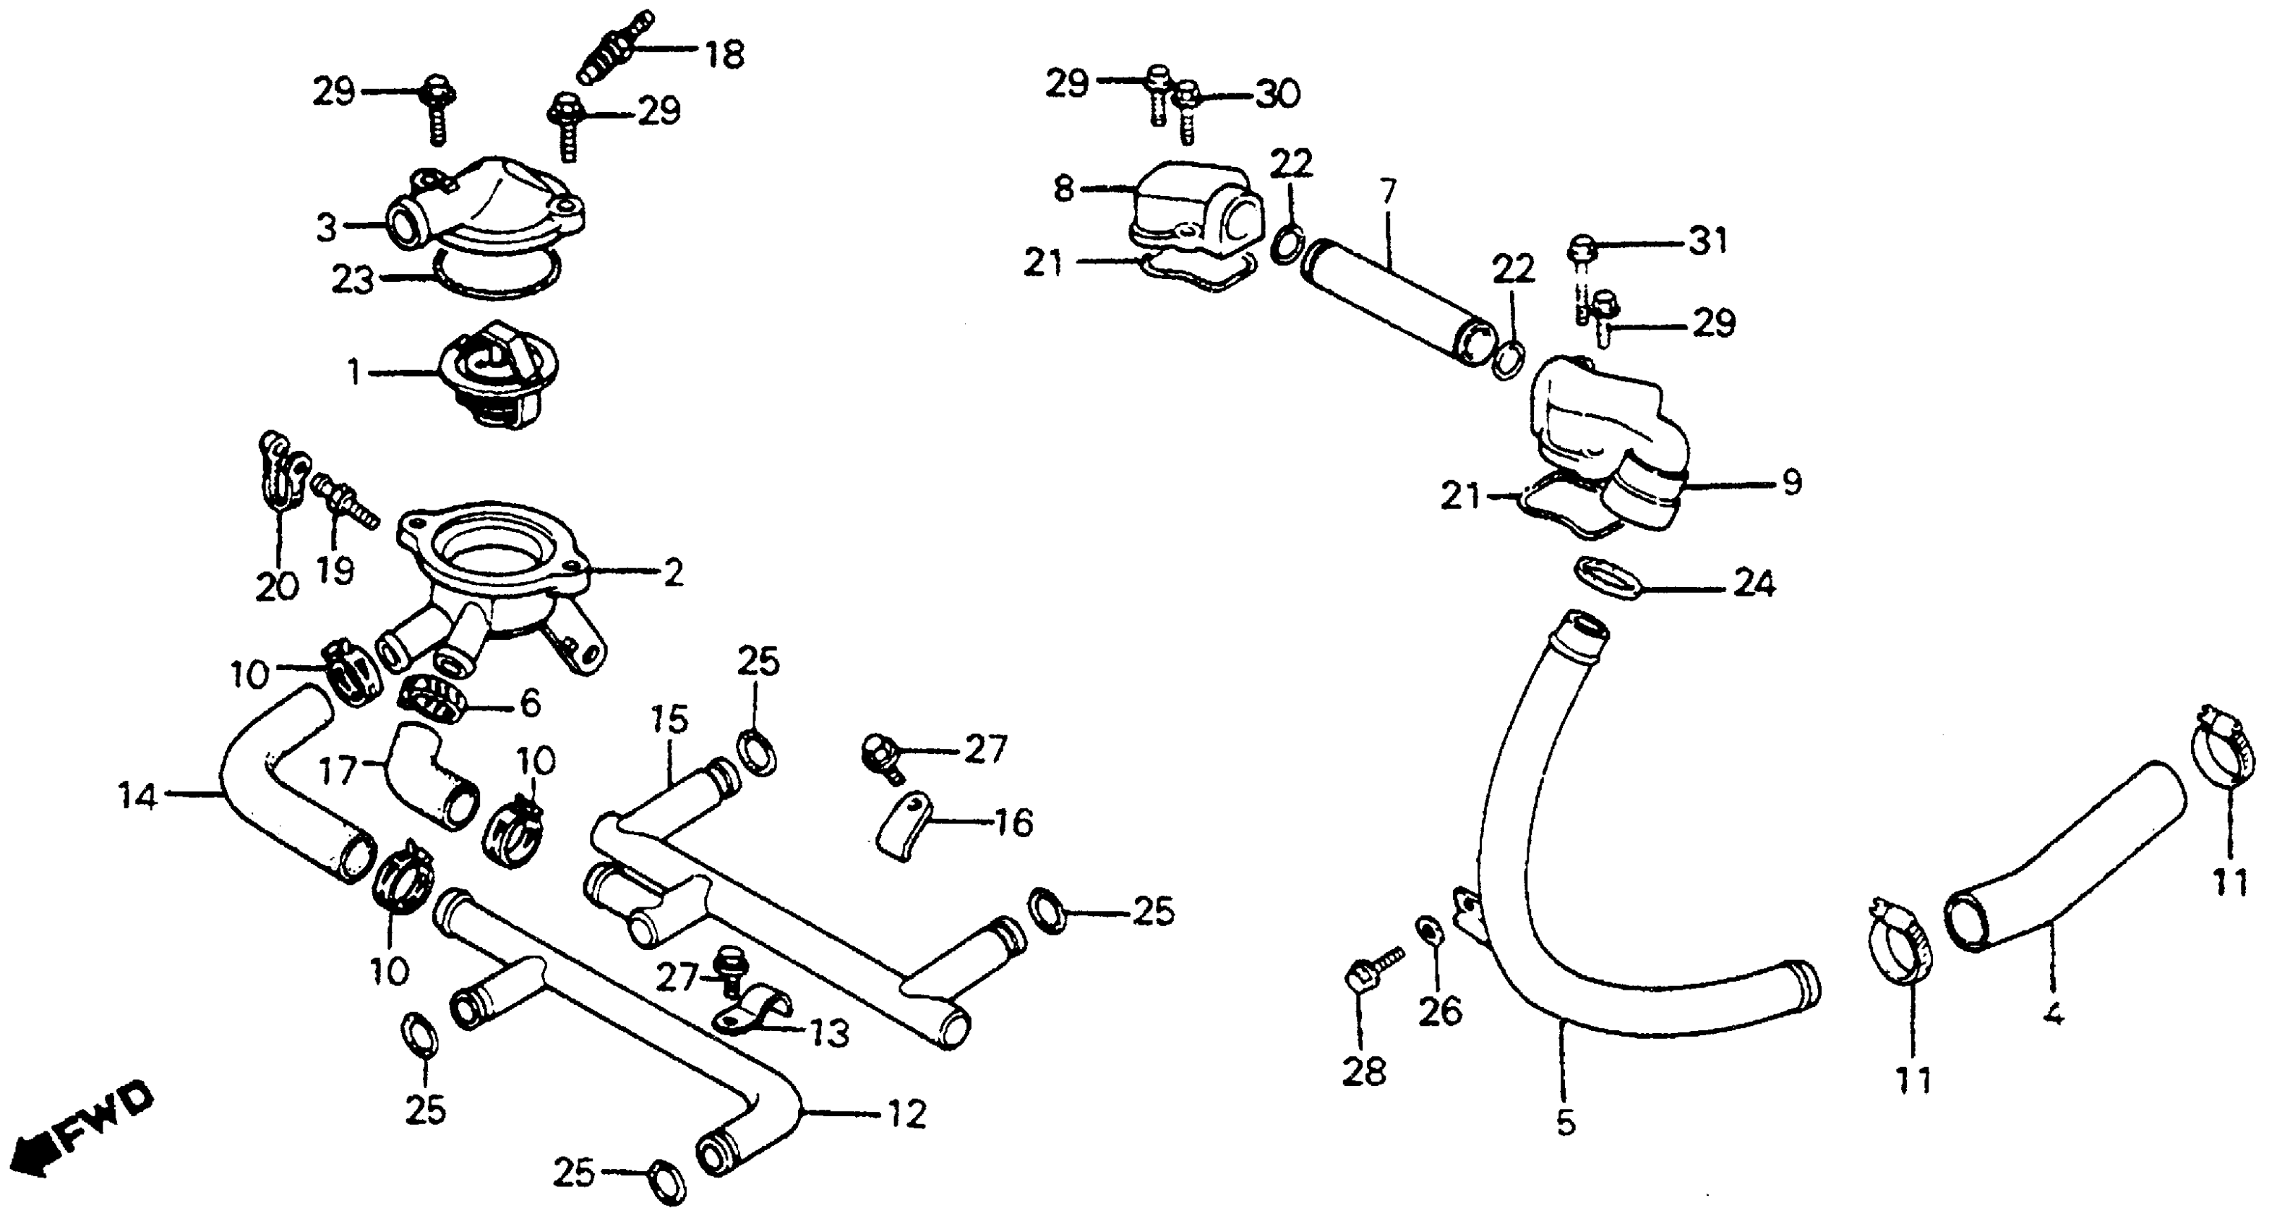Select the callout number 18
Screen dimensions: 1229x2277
(x=724, y=54)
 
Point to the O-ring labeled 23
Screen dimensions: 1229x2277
(x=495, y=270)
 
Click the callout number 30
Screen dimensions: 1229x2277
(x=1277, y=94)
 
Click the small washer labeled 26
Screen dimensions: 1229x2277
(x=1428, y=930)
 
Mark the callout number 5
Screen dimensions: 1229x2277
(x=1566, y=1123)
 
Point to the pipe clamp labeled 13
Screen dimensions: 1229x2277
(x=756, y=1010)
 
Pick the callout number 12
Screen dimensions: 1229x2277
(x=908, y=1114)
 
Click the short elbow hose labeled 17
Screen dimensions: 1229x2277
(x=433, y=778)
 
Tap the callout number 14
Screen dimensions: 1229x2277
(x=138, y=797)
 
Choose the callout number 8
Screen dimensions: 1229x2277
(x=1063, y=189)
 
